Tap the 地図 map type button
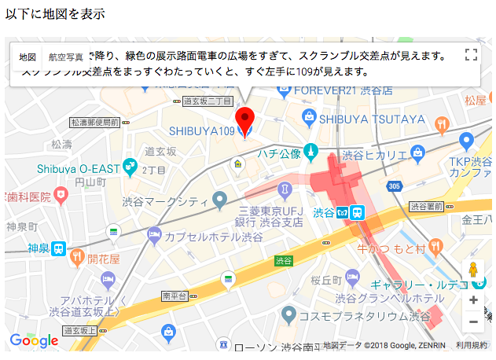click(x=28, y=57)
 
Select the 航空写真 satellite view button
click(x=66, y=57)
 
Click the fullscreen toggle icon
click(x=472, y=54)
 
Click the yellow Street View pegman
click(x=472, y=270)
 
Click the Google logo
click(x=34, y=340)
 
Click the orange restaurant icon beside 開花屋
click(x=77, y=255)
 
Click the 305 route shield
click(x=394, y=186)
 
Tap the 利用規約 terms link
click(x=472, y=345)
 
